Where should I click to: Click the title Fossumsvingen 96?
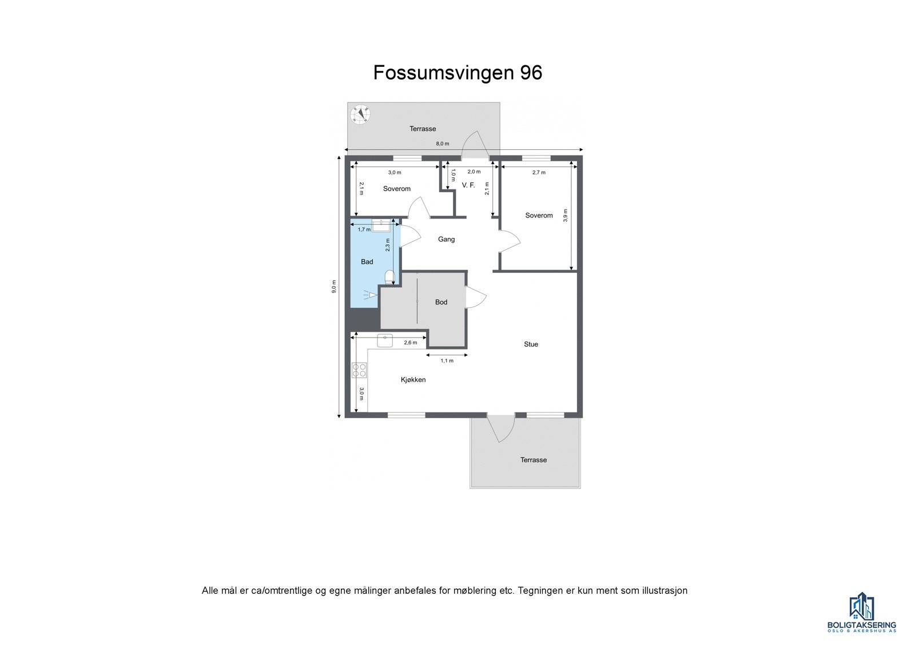pos(457,73)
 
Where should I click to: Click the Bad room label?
pos(367,262)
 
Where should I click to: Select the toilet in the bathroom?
pos(389,277)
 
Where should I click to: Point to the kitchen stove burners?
pos(359,370)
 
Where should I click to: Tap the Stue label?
pos(531,344)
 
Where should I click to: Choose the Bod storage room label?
pos(441,302)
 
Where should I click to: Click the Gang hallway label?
pos(446,239)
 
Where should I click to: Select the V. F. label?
pos(468,185)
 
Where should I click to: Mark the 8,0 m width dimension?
pos(443,144)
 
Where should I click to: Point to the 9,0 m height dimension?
pos(334,286)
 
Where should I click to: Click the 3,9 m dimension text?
pos(566,215)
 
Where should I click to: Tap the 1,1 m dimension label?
pos(447,361)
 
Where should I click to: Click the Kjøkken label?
pos(413,380)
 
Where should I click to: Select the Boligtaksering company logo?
pos(861,612)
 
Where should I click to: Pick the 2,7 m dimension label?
pos(539,172)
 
